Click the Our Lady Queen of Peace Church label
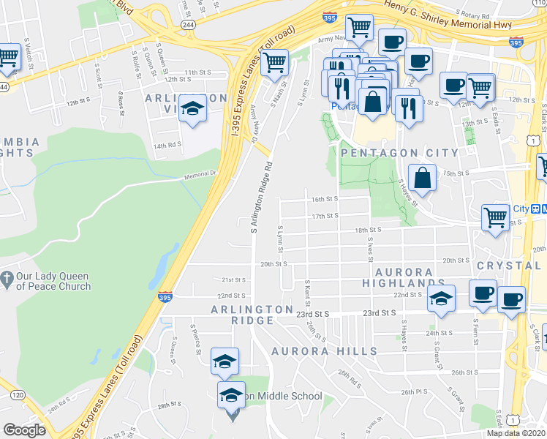click(54, 281)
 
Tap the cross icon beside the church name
click(7, 278)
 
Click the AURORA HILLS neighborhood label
click(324, 351)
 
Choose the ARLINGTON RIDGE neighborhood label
click(252, 309)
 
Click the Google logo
click(24, 430)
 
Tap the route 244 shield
click(189, 24)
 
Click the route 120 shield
click(16, 395)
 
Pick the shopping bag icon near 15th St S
click(423, 177)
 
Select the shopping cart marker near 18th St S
click(496, 217)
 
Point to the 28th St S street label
click(168, 405)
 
